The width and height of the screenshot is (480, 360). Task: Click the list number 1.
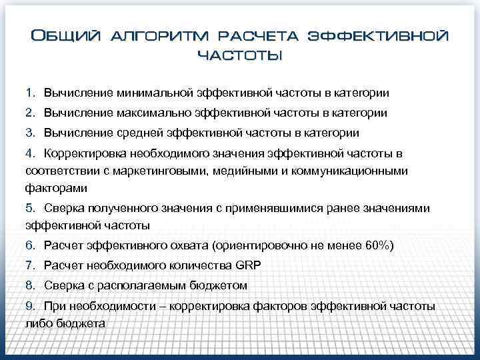coord(30,91)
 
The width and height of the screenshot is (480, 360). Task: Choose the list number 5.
coord(30,208)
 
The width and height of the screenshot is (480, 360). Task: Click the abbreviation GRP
coord(248,265)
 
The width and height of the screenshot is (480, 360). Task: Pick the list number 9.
coord(30,306)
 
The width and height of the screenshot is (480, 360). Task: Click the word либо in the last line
coord(38,323)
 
